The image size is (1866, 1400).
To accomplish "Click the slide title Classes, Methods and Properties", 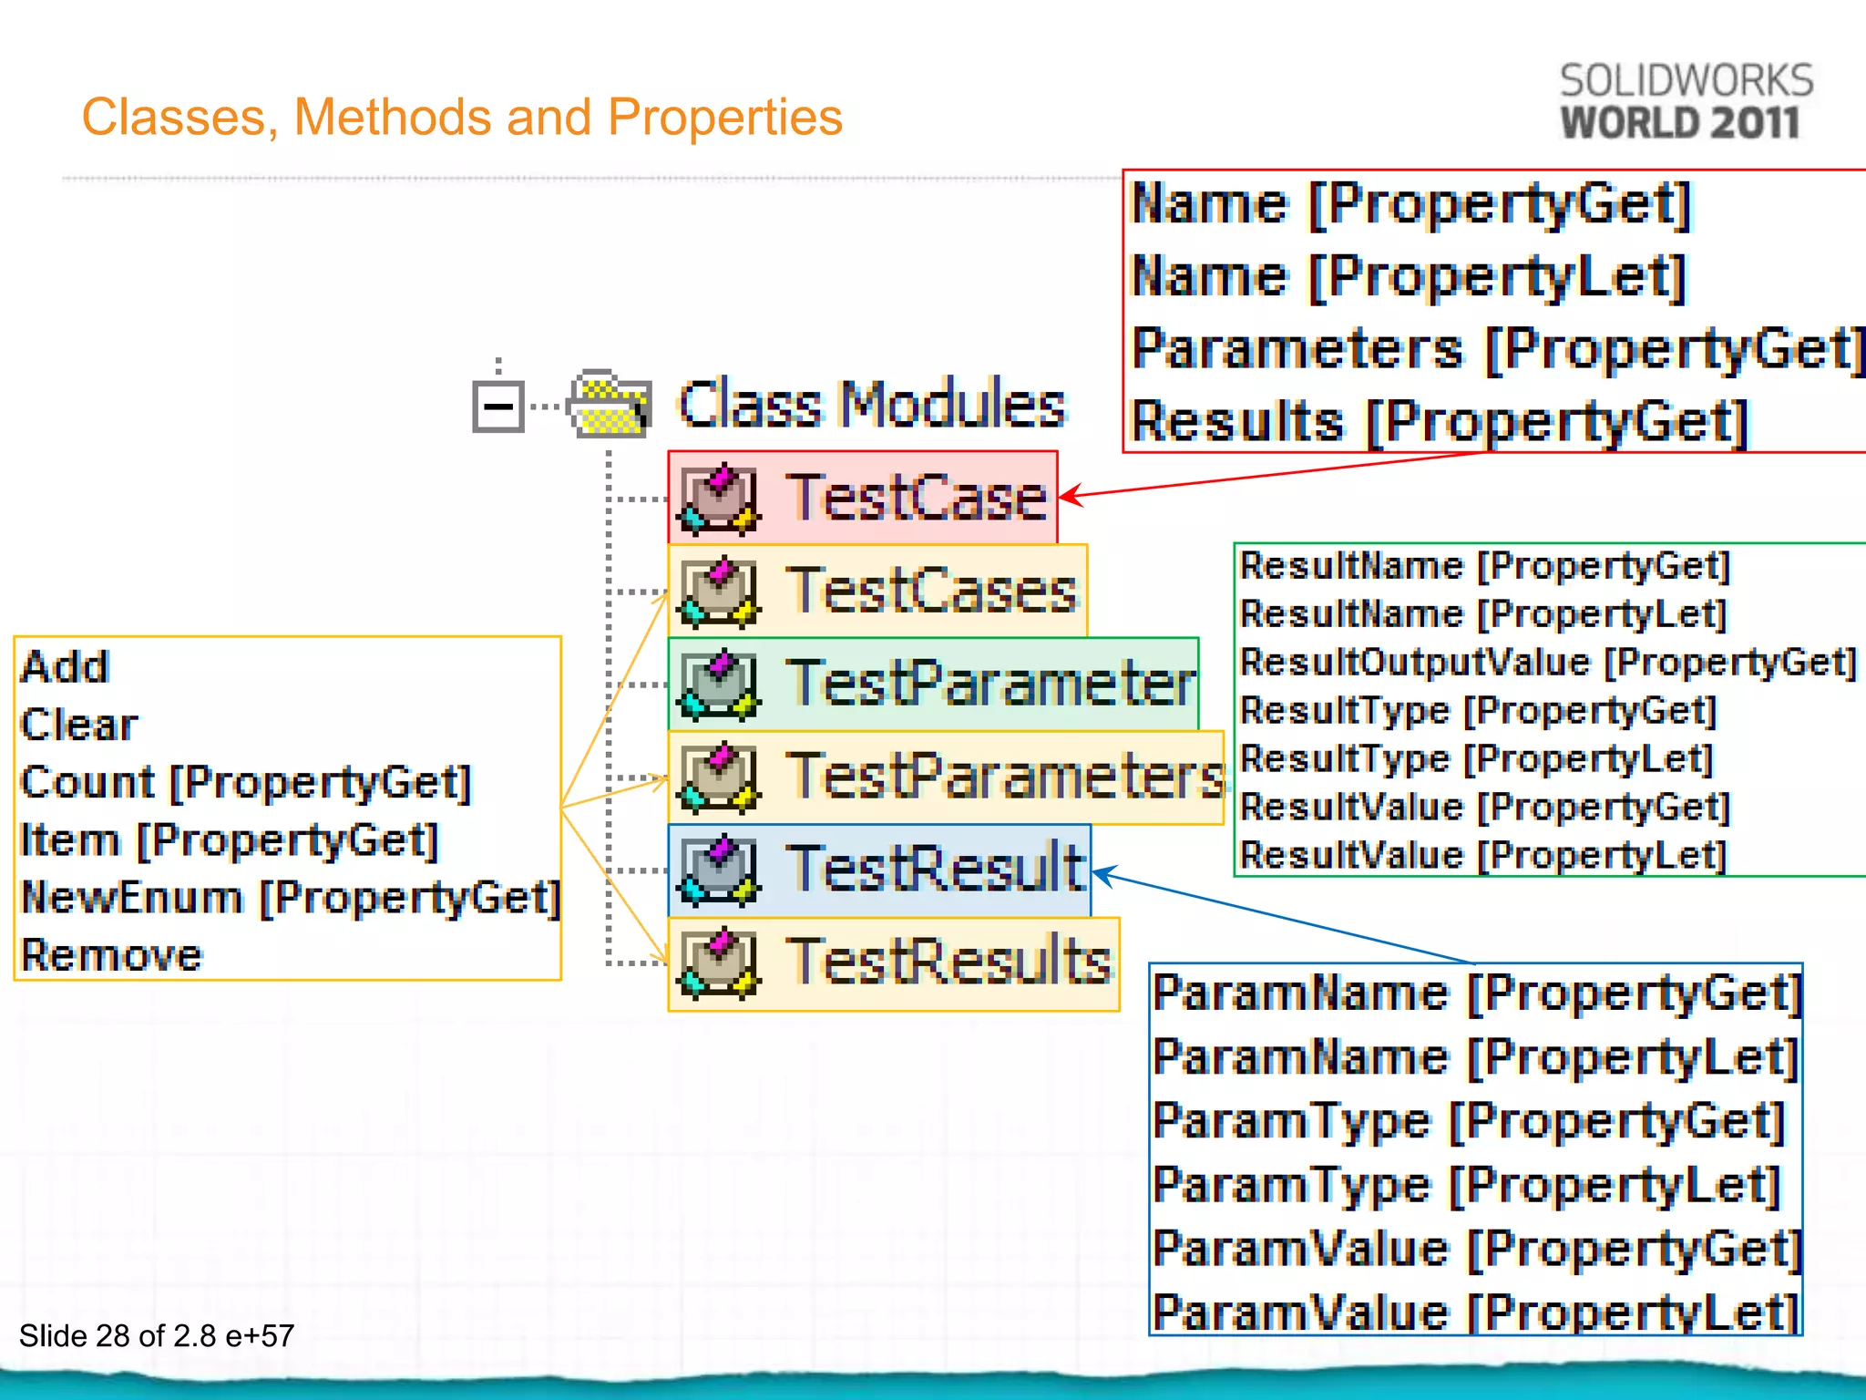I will [x=462, y=118].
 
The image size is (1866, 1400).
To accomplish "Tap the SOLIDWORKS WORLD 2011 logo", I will [x=1686, y=102].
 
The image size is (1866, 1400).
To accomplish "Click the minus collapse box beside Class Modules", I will [x=497, y=406].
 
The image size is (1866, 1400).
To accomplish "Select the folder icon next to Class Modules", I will [x=609, y=404].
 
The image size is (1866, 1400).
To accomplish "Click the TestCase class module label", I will [x=917, y=498].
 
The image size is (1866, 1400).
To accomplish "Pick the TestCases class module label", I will [x=931, y=591].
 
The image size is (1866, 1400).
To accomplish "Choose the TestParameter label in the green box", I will [x=990, y=684].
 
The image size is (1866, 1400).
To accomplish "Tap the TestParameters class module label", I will [x=1005, y=777].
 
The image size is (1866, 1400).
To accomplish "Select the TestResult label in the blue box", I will [x=936, y=869].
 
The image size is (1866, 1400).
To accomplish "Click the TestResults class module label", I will [x=948, y=962].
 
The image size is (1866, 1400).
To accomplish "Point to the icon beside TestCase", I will [x=719, y=499].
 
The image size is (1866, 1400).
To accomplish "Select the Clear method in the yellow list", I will [x=79, y=726].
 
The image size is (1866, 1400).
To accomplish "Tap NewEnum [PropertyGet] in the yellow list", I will [x=290, y=898].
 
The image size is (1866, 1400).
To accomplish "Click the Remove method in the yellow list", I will [x=111, y=955].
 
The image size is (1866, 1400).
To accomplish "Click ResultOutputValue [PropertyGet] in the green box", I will [x=1547, y=663].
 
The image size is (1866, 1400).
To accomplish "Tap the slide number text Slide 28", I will [x=157, y=1335].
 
